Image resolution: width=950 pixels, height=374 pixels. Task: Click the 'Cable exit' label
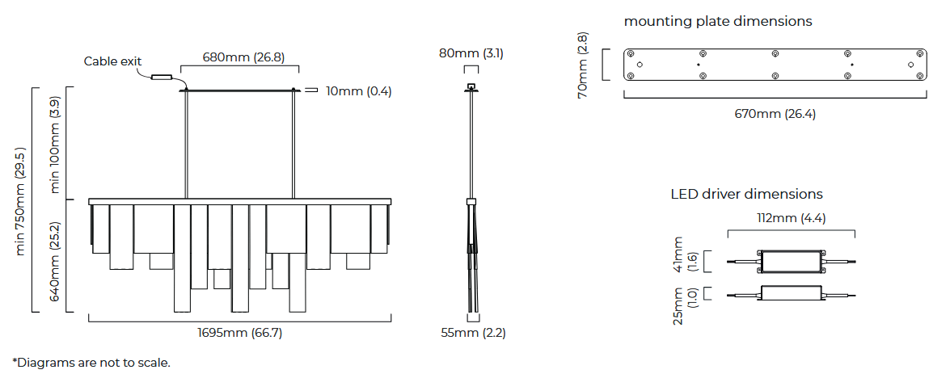click(x=112, y=61)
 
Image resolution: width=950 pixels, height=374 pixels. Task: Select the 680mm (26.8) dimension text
click(x=243, y=57)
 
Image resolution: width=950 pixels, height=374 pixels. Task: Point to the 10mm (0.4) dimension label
click(x=359, y=91)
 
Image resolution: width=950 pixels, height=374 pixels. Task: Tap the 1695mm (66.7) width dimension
click(x=240, y=333)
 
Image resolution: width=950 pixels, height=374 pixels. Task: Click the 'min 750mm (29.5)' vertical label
click(x=20, y=201)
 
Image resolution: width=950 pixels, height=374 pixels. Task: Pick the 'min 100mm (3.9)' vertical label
click(x=54, y=145)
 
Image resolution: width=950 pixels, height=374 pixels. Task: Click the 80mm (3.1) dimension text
click(x=471, y=53)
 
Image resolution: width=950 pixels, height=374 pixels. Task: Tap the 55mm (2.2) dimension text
click(x=473, y=333)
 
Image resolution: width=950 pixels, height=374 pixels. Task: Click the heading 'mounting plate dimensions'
click(x=718, y=21)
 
